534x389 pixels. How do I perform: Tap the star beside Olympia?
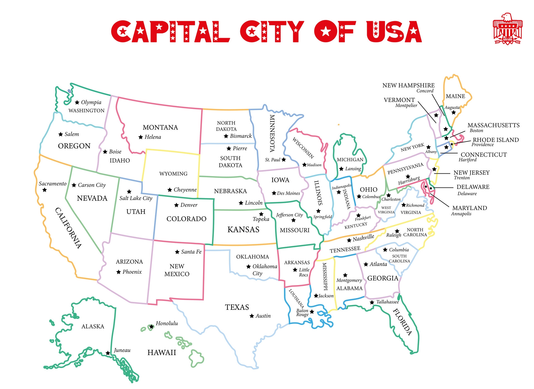[x=77, y=103]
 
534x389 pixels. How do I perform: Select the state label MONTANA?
[x=160, y=128]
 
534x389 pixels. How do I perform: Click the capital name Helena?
[x=153, y=137]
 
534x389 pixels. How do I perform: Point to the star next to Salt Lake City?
[x=129, y=192]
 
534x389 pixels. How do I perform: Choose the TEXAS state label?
[x=237, y=307]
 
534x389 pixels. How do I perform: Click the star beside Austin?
[x=252, y=316]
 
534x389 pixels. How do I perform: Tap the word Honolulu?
[x=167, y=323]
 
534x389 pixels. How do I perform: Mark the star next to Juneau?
[x=108, y=353]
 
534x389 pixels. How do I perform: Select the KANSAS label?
[x=243, y=230]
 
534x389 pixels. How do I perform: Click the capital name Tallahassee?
[x=387, y=302]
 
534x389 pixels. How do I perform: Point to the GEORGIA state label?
[x=383, y=278]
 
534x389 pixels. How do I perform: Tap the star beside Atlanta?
[x=366, y=264]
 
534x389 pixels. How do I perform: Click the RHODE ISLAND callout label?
[x=496, y=140]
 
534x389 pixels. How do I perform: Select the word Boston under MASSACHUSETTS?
[x=476, y=131]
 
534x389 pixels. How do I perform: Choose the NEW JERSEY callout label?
[x=471, y=173]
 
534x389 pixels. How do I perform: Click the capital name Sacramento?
[x=53, y=184]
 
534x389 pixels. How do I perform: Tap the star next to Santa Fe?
[x=177, y=252]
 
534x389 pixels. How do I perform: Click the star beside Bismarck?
[x=226, y=136]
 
